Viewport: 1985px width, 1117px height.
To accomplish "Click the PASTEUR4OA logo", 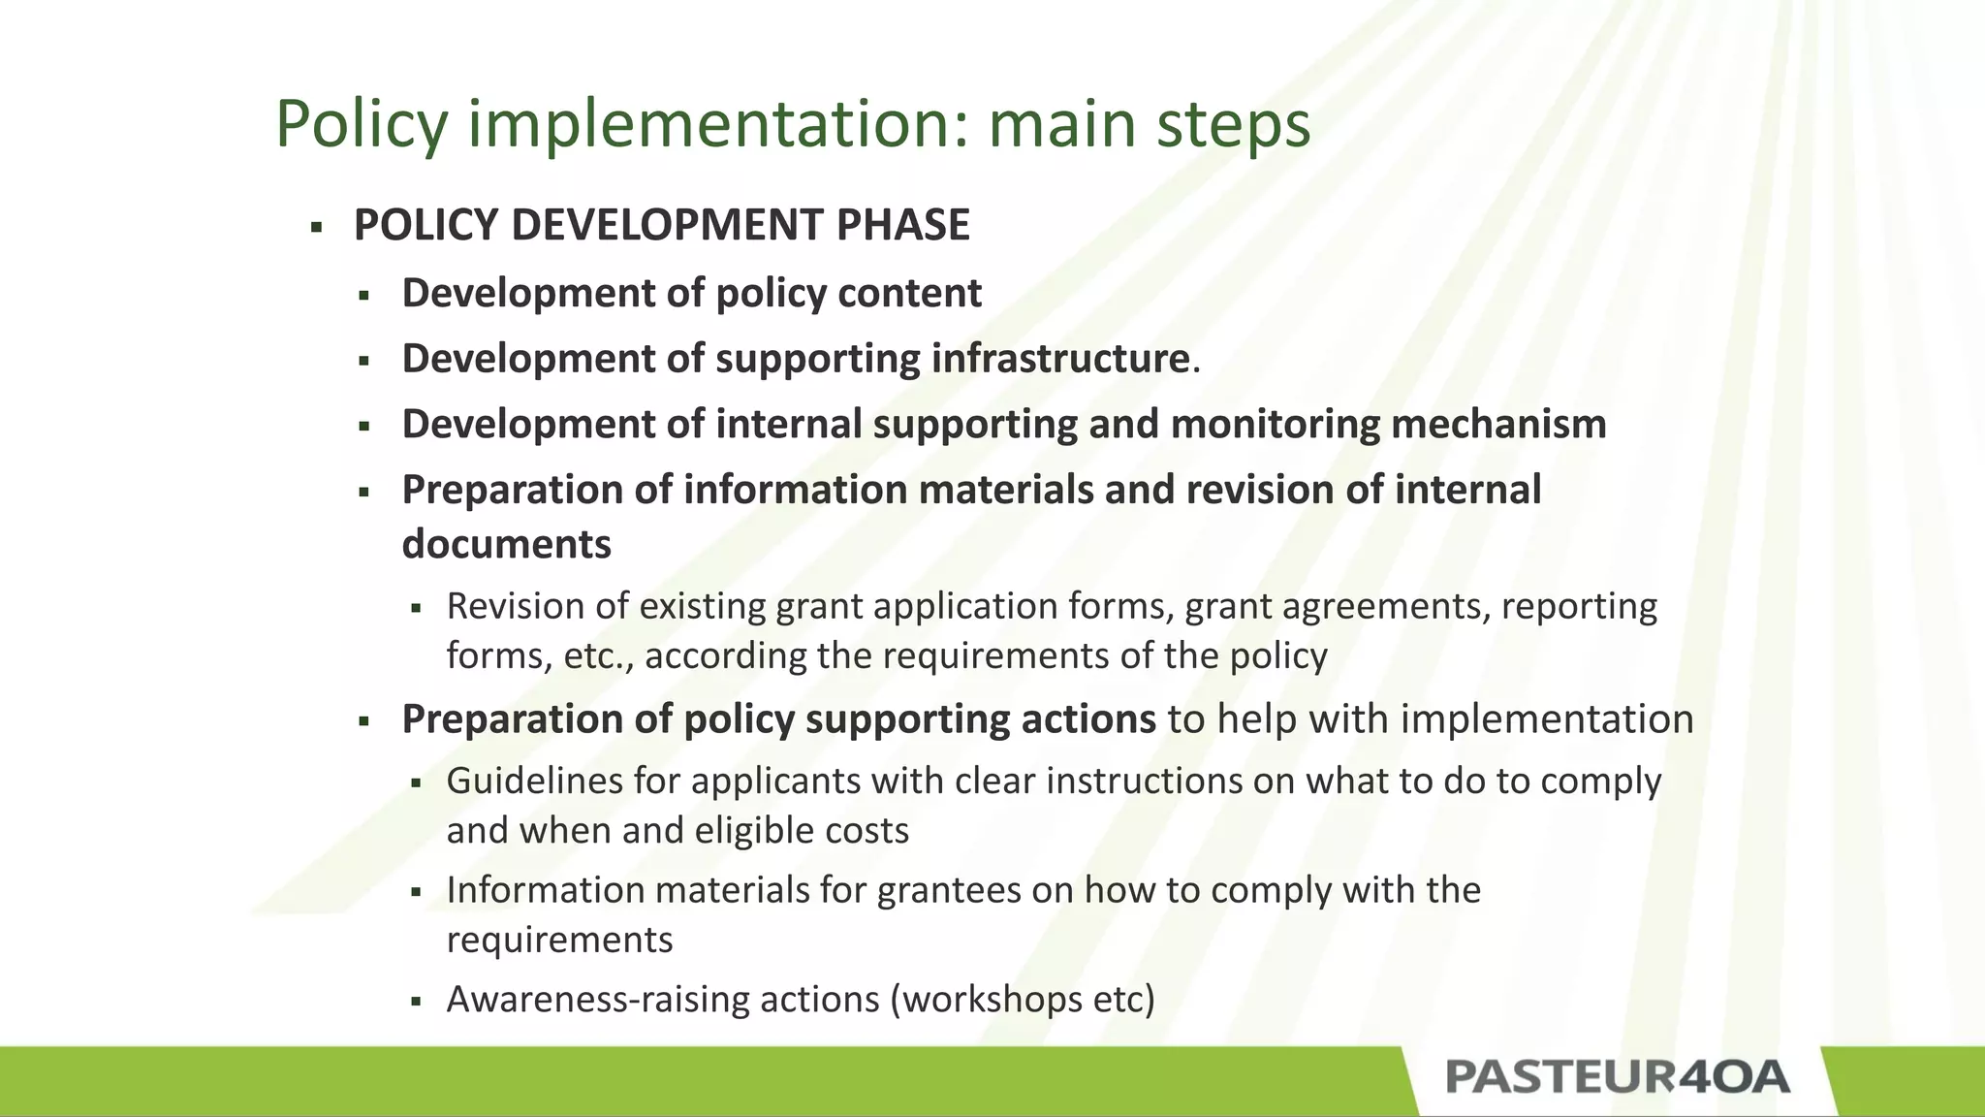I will click(1617, 1077).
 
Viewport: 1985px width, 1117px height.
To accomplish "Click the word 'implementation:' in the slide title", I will click(718, 124).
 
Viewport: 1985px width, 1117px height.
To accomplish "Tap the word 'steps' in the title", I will click(1232, 124).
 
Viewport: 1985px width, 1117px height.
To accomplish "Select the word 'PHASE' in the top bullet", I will click(902, 225).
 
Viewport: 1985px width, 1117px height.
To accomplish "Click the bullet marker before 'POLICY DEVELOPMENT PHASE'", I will click(316, 229).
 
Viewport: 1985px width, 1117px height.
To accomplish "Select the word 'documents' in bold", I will click(506, 544).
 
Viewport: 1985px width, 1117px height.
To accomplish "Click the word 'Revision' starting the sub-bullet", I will click(514, 606).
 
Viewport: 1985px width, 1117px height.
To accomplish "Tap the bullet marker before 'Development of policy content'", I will click(364, 296).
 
